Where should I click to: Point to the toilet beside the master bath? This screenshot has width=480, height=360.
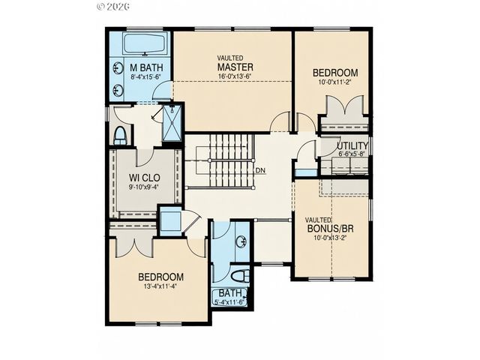pyautogui.click(x=121, y=135)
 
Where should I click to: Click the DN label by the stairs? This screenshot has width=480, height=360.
pyautogui.click(x=260, y=170)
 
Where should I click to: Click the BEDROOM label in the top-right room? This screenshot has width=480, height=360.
pyautogui.click(x=335, y=73)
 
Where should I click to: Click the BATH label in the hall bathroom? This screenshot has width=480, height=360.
pyautogui.click(x=231, y=293)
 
